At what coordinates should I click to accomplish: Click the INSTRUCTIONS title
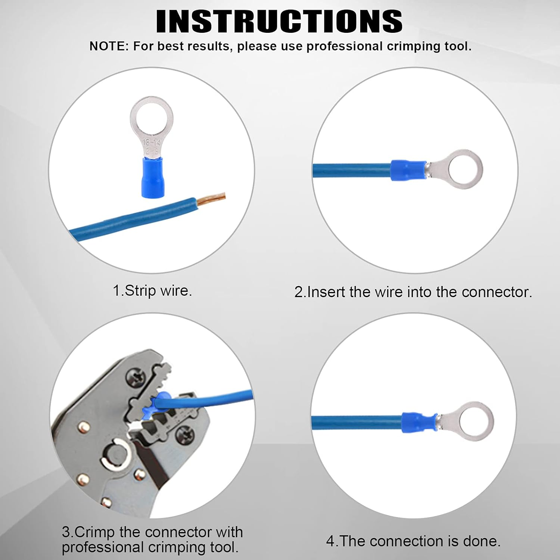coord(279,21)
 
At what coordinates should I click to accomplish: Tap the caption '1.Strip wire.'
coord(152,291)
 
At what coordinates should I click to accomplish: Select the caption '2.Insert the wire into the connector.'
coord(413,292)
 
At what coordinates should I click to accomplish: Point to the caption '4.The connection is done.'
coord(413,541)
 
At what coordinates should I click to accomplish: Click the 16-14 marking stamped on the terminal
coord(152,142)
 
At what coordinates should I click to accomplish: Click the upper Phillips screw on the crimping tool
coord(135,378)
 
